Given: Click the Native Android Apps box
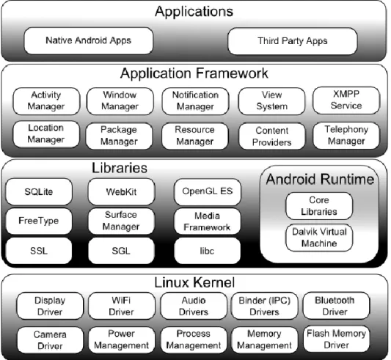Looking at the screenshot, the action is click(x=89, y=41).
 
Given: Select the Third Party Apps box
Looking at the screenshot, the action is click(x=293, y=41).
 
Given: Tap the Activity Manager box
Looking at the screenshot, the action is click(x=46, y=101).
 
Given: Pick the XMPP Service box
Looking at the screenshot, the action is click(x=346, y=100).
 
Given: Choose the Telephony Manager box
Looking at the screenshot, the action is click(x=346, y=136).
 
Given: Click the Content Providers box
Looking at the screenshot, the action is click(x=272, y=136).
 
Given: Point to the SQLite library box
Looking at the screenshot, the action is click(x=39, y=191).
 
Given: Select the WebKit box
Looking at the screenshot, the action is click(x=122, y=191).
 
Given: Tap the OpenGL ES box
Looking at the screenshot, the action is click(x=208, y=191).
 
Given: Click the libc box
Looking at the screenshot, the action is click(x=207, y=251).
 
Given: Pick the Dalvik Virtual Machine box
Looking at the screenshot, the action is click(x=319, y=238).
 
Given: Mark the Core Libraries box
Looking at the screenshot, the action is click(x=319, y=206).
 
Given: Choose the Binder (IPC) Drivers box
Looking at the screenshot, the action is click(x=265, y=306).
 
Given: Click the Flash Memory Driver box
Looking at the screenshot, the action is click(x=337, y=339).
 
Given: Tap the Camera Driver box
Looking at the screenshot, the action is click(x=50, y=340).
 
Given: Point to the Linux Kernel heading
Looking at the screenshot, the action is click(x=194, y=282).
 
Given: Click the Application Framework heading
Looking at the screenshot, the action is click(x=194, y=73).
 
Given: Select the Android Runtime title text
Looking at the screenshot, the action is click(x=320, y=179).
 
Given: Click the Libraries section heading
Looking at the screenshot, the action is click(x=120, y=168).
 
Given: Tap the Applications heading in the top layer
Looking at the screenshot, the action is click(x=194, y=12).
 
